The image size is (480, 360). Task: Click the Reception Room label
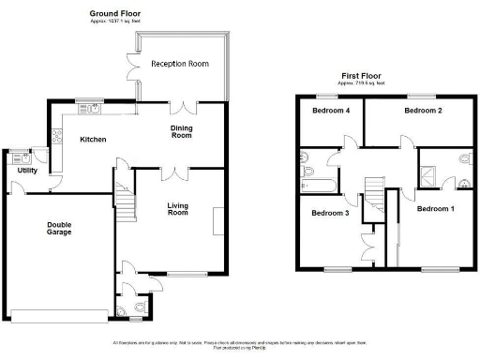[180, 64]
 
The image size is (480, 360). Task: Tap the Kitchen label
[92, 140]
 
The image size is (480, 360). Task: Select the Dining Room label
[181, 132]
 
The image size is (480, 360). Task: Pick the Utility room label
[26, 171]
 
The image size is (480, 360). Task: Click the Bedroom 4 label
[330, 111]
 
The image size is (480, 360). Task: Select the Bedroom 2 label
[422, 111]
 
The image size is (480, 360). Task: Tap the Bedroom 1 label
[435, 208]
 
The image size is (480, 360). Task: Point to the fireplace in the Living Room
[219, 222]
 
